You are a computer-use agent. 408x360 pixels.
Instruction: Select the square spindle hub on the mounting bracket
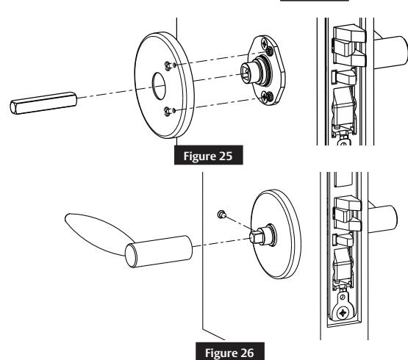click(x=246, y=76)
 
